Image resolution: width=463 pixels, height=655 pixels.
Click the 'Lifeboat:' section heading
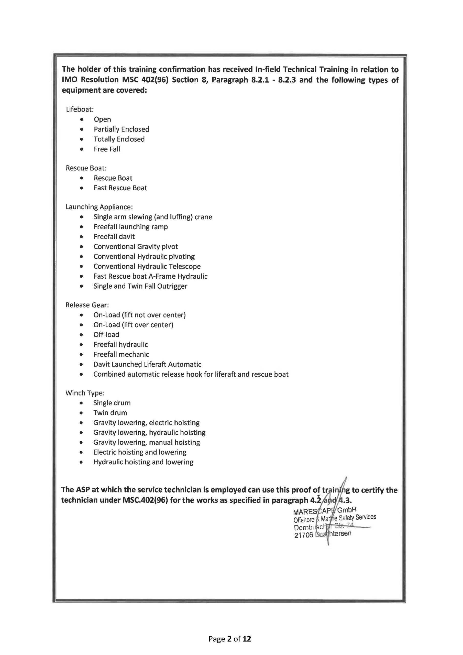(80, 109)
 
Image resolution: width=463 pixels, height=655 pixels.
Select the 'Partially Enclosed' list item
(121, 129)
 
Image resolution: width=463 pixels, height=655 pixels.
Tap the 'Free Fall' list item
(107, 149)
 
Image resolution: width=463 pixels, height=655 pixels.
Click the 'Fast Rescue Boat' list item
(120, 188)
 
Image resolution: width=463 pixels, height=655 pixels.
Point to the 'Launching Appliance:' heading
(99, 207)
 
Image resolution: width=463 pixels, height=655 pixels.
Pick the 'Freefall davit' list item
(114, 236)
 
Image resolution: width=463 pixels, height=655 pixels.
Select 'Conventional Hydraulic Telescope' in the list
(147, 266)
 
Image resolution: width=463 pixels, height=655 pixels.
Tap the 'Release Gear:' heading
(87, 305)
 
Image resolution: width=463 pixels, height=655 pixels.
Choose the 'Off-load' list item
(106, 334)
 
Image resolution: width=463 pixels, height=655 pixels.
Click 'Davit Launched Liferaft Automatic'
(147, 364)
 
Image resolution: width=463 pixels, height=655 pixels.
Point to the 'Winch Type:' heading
(85, 393)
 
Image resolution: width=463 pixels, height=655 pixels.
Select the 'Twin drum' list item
(110, 412)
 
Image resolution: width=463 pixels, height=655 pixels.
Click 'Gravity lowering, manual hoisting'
(146, 442)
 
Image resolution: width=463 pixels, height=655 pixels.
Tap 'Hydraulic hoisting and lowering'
(143, 462)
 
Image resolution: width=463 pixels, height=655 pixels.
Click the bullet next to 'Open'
(82, 119)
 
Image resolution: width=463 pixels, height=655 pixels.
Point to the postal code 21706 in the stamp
(304, 536)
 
